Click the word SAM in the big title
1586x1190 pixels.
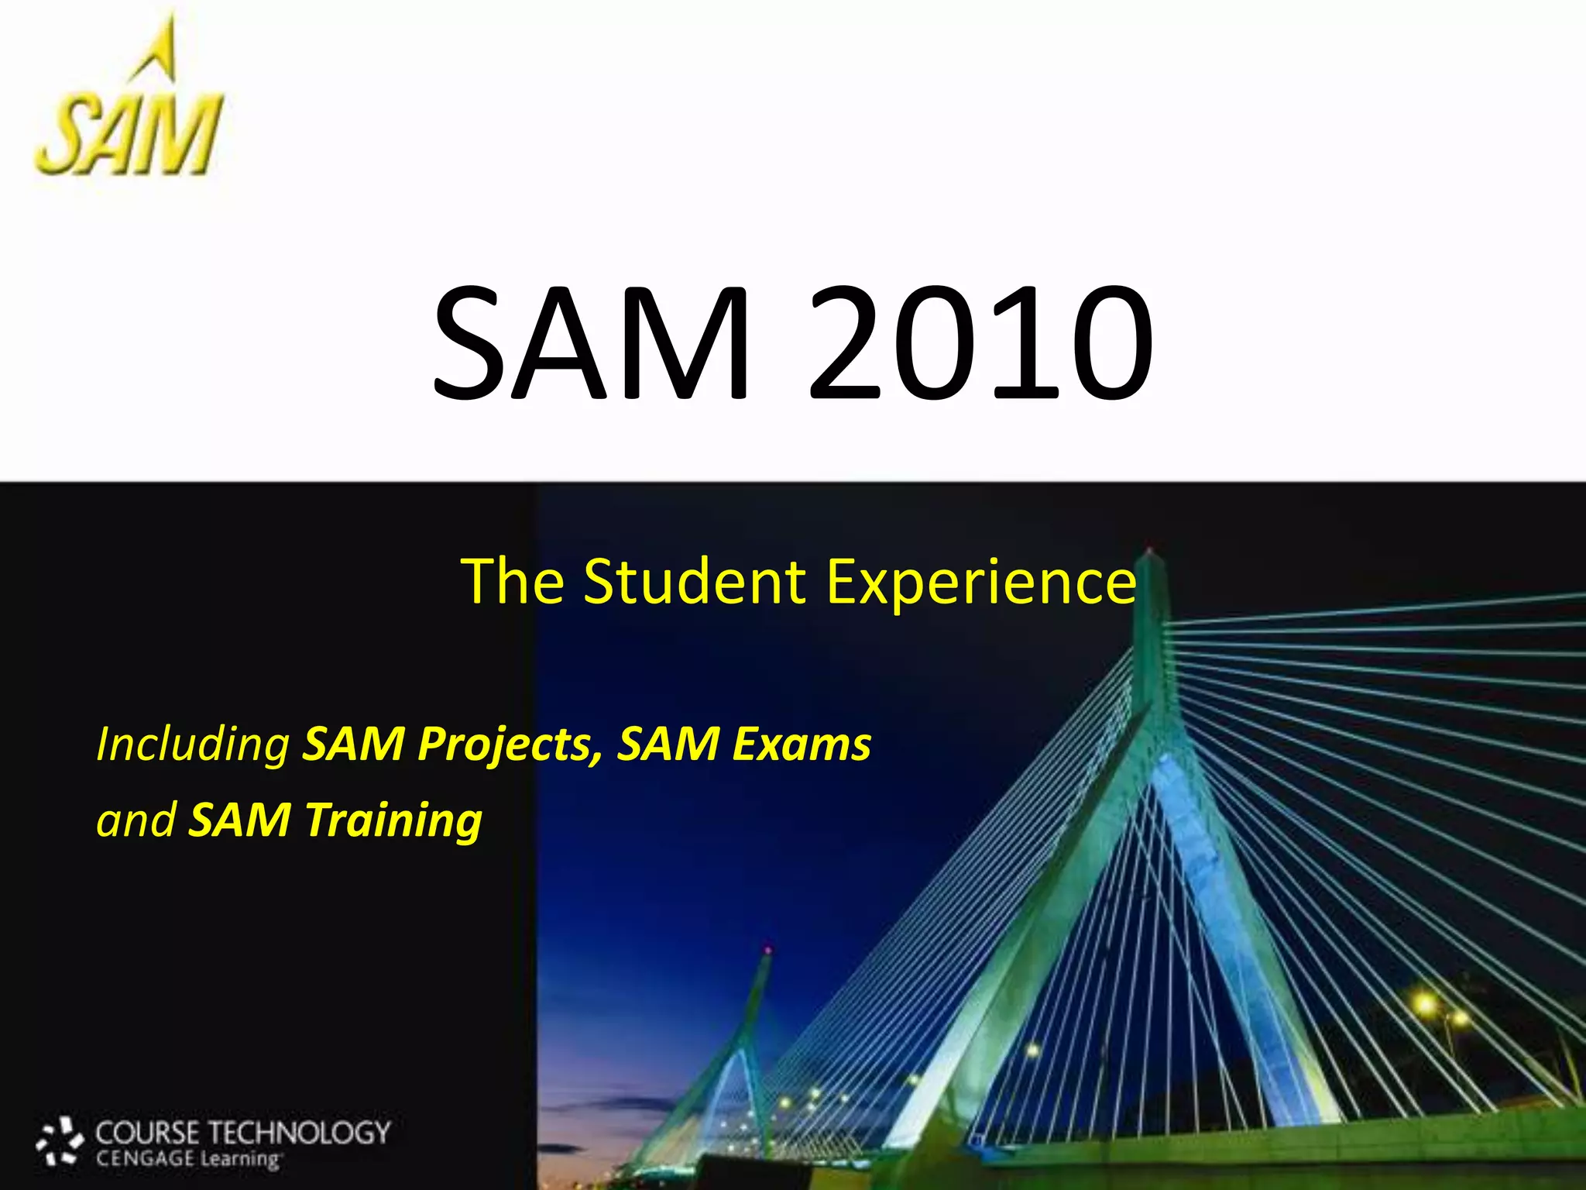point(590,342)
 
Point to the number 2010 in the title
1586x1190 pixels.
point(980,342)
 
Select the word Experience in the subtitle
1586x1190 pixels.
point(981,583)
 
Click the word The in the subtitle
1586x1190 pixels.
point(512,581)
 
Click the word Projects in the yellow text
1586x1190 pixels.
point(510,745)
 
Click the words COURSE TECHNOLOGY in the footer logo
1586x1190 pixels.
point(242,1133)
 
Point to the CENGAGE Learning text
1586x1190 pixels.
point(187,1160)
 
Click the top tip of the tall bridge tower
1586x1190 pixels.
point(1149,552)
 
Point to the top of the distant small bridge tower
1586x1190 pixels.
point(767,951)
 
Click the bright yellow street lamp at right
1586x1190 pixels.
point(1425,1005)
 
